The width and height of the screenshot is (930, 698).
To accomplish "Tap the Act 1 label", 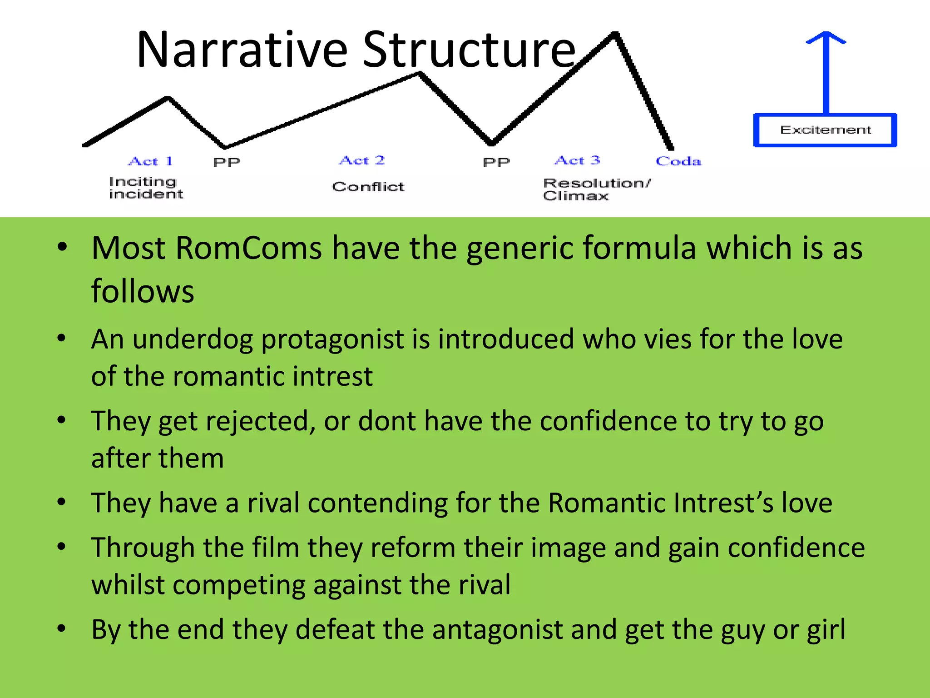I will click(150, 161).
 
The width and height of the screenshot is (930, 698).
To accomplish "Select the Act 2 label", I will click(362, 160).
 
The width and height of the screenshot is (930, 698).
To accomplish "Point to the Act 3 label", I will click(577, 160).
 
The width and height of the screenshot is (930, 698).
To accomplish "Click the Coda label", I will click(678, 161).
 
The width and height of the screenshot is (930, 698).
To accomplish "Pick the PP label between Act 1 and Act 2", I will click(227, 162).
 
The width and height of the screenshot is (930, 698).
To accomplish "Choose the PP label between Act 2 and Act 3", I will click(496, 162).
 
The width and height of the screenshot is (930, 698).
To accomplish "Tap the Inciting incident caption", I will click(146, 188).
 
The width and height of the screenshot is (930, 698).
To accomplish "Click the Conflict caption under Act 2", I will click(368, 187).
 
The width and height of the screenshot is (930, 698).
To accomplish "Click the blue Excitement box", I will click(825, 130).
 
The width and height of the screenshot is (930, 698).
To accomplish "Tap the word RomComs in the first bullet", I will click(248, 249).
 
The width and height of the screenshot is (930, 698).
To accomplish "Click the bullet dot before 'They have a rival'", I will click(62, 502).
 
